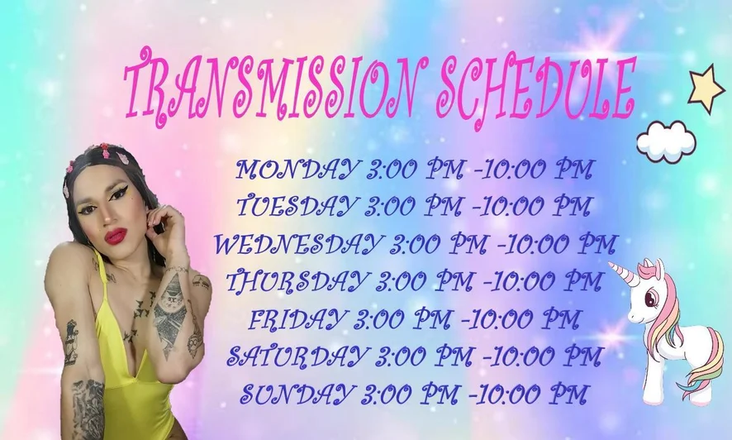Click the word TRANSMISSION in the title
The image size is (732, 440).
click(x=269, y=88)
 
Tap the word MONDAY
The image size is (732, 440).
click(x=298, y=170)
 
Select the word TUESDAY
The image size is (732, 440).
click(x=298, y=206)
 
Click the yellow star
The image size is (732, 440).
click(x=707, y=89)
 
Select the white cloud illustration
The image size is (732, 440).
click(x=666, y=141)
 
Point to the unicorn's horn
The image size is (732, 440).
click(x=624, y=273)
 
